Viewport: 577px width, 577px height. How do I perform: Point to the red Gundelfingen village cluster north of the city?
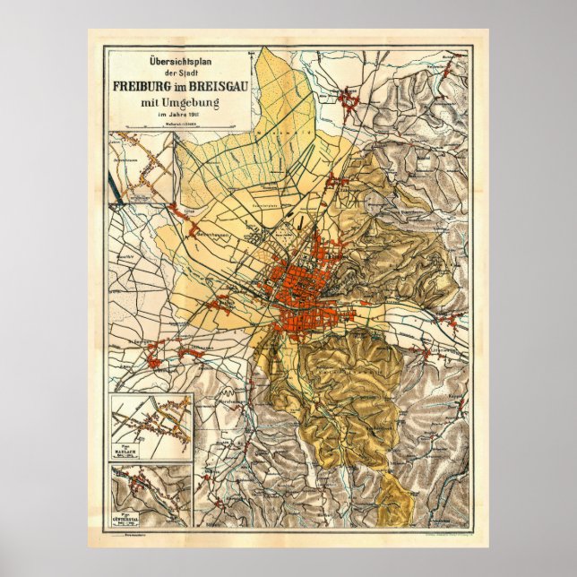click(345, 101)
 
